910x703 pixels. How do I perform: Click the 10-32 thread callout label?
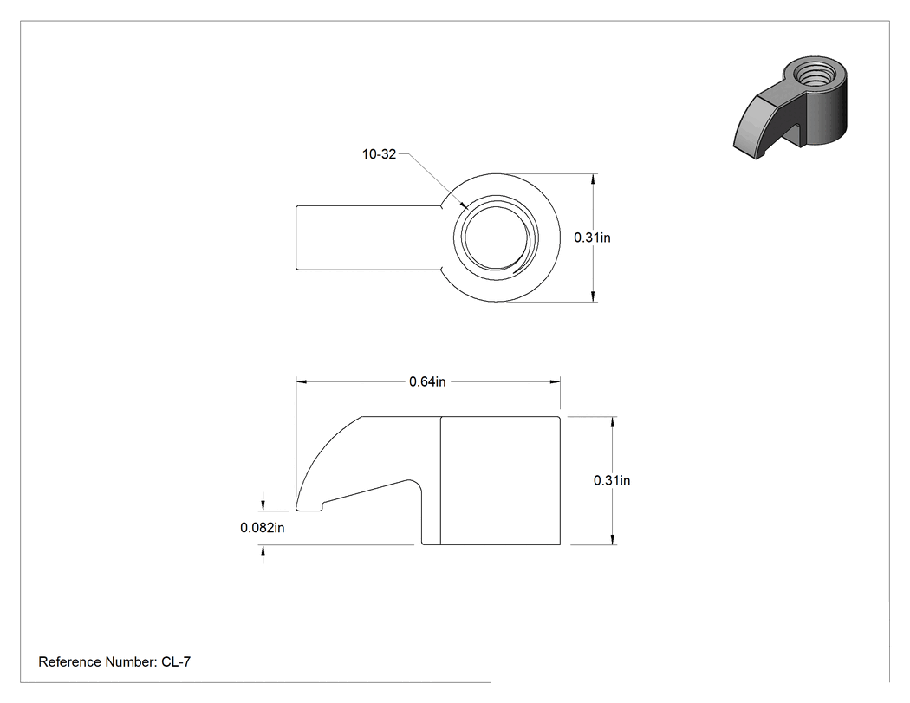pyautogui.click(x=379, y=154)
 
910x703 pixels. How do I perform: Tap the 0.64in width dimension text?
pyautogui.click(x=427, y=382)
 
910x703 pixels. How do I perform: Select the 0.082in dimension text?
pyautogui.click(x=263, y=528)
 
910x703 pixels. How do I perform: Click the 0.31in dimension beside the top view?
pyautogui.click(x=592, y=238)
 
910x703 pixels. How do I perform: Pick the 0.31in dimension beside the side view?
pyautogui.click(x=612, y=481)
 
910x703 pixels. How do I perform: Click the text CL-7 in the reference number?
pyautogui.click(x=176, y=661)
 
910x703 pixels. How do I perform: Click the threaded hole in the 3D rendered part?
pyautogui.click(x=814, y=74)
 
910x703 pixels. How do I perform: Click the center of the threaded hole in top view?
pyautogui.click(x=497, y=238)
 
